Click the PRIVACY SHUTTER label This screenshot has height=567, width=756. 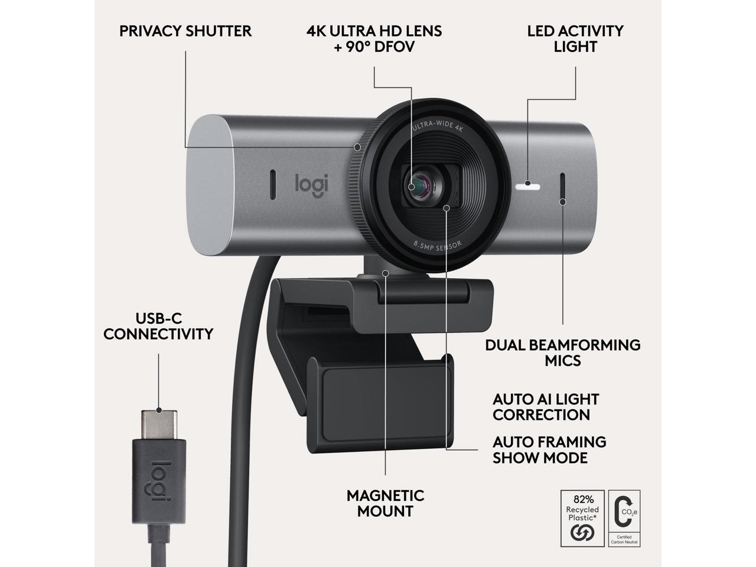(x=185, y=31)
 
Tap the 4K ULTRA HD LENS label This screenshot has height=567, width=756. (x=374, y=38)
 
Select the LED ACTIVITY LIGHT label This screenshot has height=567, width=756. (x=575, y=38)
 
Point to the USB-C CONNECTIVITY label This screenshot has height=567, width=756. (x=158, y=326)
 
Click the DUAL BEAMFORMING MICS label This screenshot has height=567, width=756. (x=563, y=353)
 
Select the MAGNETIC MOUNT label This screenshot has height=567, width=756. (x=386, y=503)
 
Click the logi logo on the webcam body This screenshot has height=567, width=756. (x=311, y=183)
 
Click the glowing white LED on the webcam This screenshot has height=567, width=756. (x=527, y=185)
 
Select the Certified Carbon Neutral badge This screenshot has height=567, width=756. (x=624, y=517)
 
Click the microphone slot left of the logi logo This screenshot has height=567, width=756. (x=272, y=184)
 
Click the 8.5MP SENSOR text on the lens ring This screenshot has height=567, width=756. (x=438, y=244)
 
